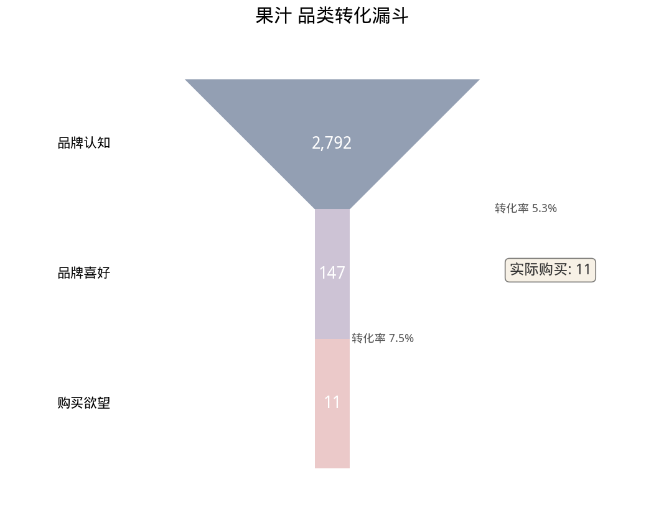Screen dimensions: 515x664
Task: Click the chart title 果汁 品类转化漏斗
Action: tap(332, 16)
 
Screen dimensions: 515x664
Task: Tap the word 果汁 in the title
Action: tap(273, 16)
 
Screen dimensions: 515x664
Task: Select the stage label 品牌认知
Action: tap(83, 143)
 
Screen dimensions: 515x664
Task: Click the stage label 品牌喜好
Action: tap(83, 273)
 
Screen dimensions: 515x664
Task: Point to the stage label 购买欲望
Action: tap(83, 403)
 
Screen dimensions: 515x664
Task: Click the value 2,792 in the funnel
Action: tap(332, 144)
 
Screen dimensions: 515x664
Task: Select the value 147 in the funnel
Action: tap(332, 273)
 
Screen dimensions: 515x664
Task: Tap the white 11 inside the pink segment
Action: tap(332, 403)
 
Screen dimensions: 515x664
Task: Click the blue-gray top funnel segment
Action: tap(332, 112)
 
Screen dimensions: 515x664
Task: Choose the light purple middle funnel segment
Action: tap(332, 305)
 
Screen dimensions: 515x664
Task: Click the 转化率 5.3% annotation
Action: tap(526, 208)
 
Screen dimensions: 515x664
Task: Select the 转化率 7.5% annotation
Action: tap(383, 338)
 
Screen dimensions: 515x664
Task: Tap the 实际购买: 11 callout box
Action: tap(550, 270)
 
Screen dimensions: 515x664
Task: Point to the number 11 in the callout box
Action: tap(582, 270)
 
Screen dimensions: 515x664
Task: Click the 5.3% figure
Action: tap(545, 208)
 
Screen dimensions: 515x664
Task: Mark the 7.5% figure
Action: tap(401, 338)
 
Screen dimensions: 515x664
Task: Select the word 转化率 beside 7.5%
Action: tap(368, 338)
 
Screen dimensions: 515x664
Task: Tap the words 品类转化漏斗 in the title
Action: tap(353, 16)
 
